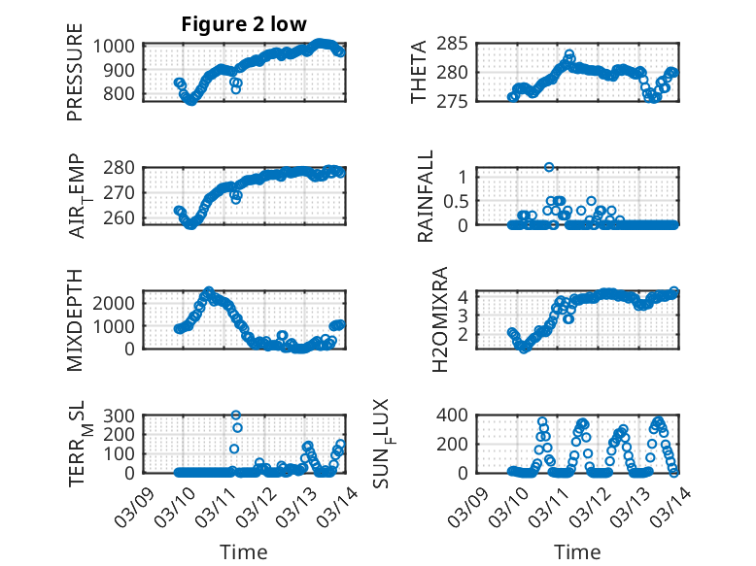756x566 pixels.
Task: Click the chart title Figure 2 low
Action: point(244,25)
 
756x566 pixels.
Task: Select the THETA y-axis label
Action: point(418,73)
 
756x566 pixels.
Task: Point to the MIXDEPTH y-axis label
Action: point(75,319)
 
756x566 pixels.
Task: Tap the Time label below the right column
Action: point(577,551)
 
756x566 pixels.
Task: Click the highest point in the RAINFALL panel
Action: point(549,167)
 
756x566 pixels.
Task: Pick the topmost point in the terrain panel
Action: point(235,415)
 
